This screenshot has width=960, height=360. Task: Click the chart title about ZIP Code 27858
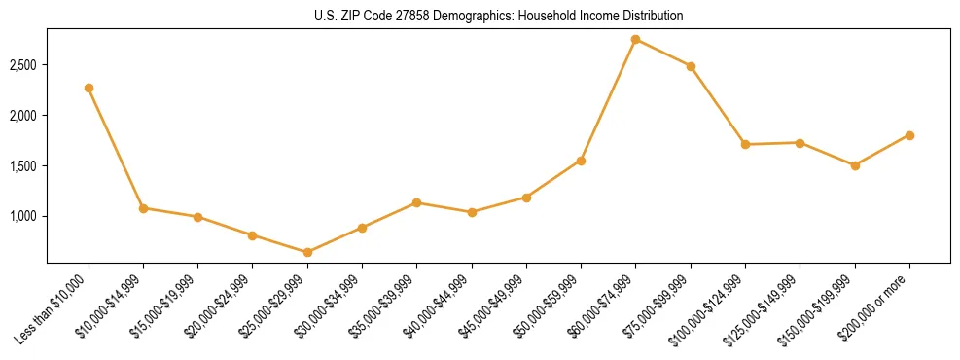(x=499, y=17)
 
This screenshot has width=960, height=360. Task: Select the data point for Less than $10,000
(x=89, y=88)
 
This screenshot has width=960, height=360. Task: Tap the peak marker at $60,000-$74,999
(x=635, y=40)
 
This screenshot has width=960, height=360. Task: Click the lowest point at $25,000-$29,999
(x=307, y=252)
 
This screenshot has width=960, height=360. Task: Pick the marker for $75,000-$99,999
(x=691, y=66)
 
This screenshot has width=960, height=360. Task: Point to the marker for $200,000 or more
(x=909, y=135)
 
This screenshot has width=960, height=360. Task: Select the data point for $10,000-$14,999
(x=143, y=208)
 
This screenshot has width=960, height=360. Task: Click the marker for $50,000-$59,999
(x=581, y=161)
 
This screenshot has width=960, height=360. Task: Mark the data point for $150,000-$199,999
(x=855, y=165)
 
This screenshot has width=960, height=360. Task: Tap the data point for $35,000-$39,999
(x=416, y=202)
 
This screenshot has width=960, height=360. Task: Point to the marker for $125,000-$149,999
(x=800, y=143)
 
